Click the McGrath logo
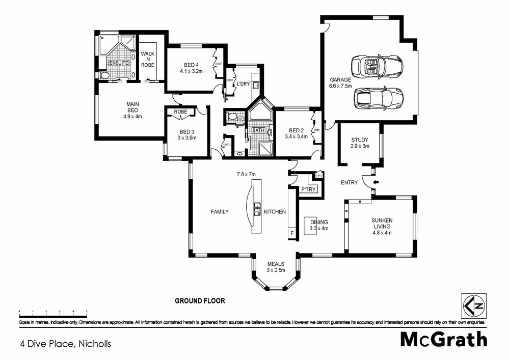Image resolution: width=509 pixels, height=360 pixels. [443, 339]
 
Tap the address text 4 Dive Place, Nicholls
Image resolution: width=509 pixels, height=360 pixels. [65, 344]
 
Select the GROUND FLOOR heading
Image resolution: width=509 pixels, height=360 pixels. [200, 301]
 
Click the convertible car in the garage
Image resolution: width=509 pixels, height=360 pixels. [377, 66]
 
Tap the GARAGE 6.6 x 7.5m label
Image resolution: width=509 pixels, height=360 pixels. [341, 83]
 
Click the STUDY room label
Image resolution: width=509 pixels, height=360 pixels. [360, 140]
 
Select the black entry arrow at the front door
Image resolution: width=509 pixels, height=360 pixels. [376, 182]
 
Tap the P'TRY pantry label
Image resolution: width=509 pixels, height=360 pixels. [309, 190]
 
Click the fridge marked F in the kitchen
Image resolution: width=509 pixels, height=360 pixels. [292, 233]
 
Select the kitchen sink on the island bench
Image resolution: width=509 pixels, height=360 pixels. [257, 208]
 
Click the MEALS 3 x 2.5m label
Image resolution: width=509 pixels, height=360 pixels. [276, 267]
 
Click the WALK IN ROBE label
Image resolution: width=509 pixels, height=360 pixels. [148, 60]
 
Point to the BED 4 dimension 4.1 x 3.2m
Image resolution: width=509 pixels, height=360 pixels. [191, 71]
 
